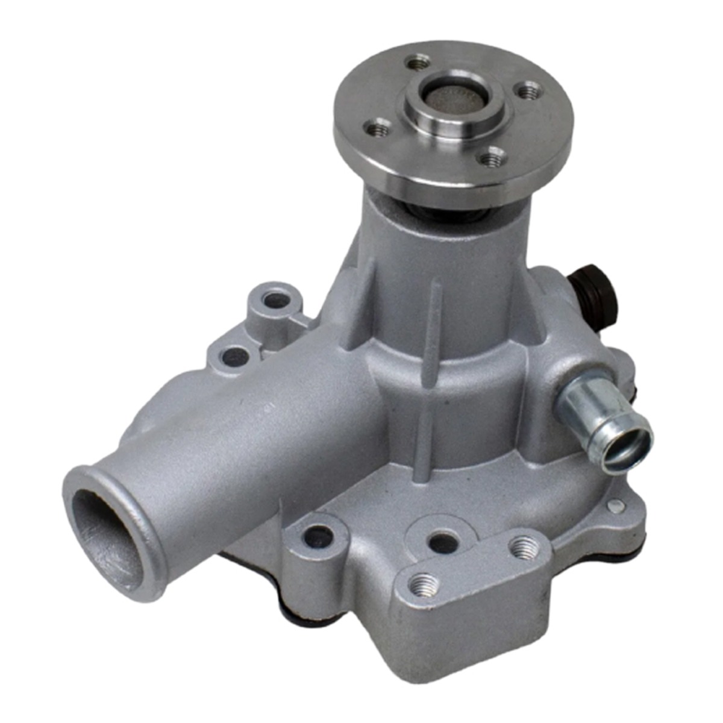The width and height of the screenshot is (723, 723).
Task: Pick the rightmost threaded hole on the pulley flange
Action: pyautogui.click(x=529, y=92)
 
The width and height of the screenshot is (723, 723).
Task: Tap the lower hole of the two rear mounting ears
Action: pyautogui.click(x=234, y=357)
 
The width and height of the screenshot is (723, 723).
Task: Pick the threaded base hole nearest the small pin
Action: pyautogui.click(x=523, y=546)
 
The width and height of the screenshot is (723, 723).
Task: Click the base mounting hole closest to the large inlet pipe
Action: pyautogui.click(x=319, y=536)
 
